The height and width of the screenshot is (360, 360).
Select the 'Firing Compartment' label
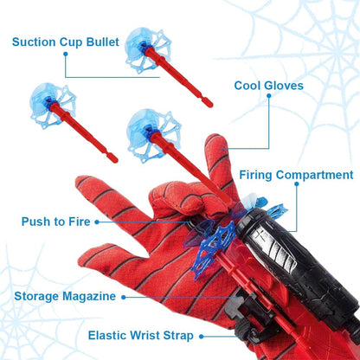296,175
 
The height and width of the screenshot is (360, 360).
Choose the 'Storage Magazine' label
65,296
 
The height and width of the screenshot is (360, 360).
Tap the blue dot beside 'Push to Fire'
98,222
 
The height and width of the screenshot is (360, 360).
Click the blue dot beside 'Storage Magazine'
125,296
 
